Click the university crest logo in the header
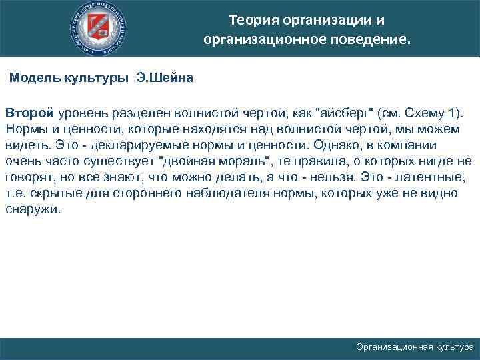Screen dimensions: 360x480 pos(101,29)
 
